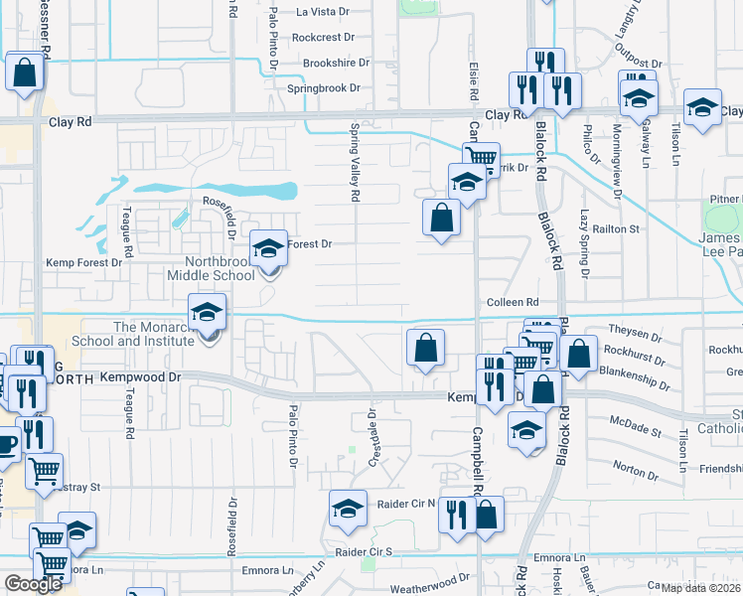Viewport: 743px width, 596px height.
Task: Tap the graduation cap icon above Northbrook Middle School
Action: click(x=268, y=249)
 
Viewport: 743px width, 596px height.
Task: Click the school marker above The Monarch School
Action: click(x=207, y=313)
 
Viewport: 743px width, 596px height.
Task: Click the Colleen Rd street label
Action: click(x=512, y=302)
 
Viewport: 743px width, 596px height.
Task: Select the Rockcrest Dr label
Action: click(x=323, y=38)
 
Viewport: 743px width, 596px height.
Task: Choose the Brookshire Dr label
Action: click(x=336, y=63)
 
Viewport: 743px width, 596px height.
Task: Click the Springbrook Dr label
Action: click(x=324, y=88)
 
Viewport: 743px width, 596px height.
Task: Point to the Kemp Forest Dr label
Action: click(x=83, y=263)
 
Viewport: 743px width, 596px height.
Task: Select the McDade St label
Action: click(x=636, y=431)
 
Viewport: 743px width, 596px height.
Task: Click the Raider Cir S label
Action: click(x=364, y=551)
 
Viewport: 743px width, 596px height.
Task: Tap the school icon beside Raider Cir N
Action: click(x=348, y=509)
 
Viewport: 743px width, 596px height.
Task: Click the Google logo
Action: click(x=34, y=584)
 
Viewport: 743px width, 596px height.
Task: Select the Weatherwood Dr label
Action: click(x=429, y=588)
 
